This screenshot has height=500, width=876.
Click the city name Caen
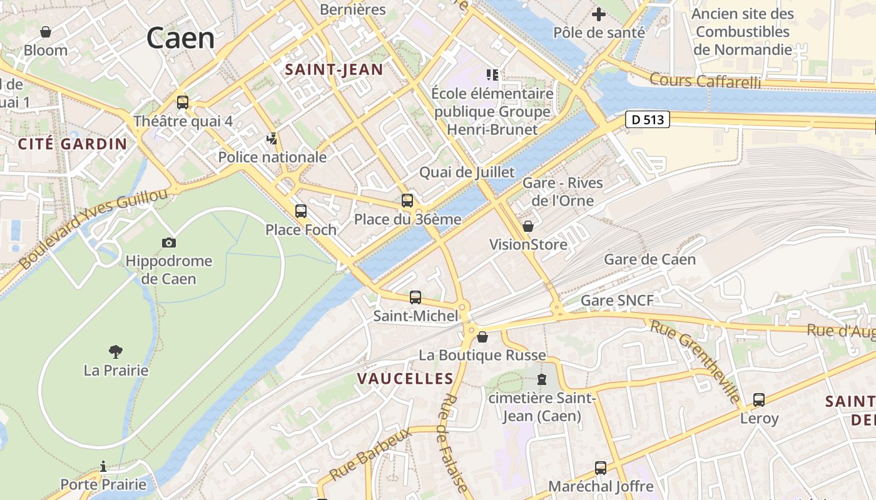(x=180, y=38)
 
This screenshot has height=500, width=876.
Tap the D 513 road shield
(x=648, y=119)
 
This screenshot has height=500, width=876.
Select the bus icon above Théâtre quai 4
(x=183, y=102)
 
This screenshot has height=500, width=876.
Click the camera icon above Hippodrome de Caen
(x=168, y=242)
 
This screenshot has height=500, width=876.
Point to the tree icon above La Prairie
(x=116, y=352)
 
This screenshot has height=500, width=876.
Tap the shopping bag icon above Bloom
(x=46, y=31)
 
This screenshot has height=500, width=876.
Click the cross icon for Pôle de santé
(x=599, y=14)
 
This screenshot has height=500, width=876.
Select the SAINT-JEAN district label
(x=334, y=69)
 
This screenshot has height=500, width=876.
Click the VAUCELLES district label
(x=405, y=378)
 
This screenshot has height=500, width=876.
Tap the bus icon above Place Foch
(x=301, y=211)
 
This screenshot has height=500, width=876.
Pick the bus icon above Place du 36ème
(x=407, y=201)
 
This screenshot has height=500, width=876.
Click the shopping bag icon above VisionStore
(x=528, y=226)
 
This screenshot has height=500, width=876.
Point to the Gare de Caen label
(x=649, y=259)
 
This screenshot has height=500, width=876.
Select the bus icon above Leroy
(x=759, y=399)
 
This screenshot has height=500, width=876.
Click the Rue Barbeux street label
(x=370, y=453)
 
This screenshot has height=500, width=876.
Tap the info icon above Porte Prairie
(x=103, y=466)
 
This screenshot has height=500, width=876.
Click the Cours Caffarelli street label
(x=705, y=81)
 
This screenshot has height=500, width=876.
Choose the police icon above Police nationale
(x=272, y=139)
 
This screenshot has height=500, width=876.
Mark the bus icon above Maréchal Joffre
(x=601, y=467)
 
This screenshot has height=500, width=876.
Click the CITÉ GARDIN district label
(x=73, y=144)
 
